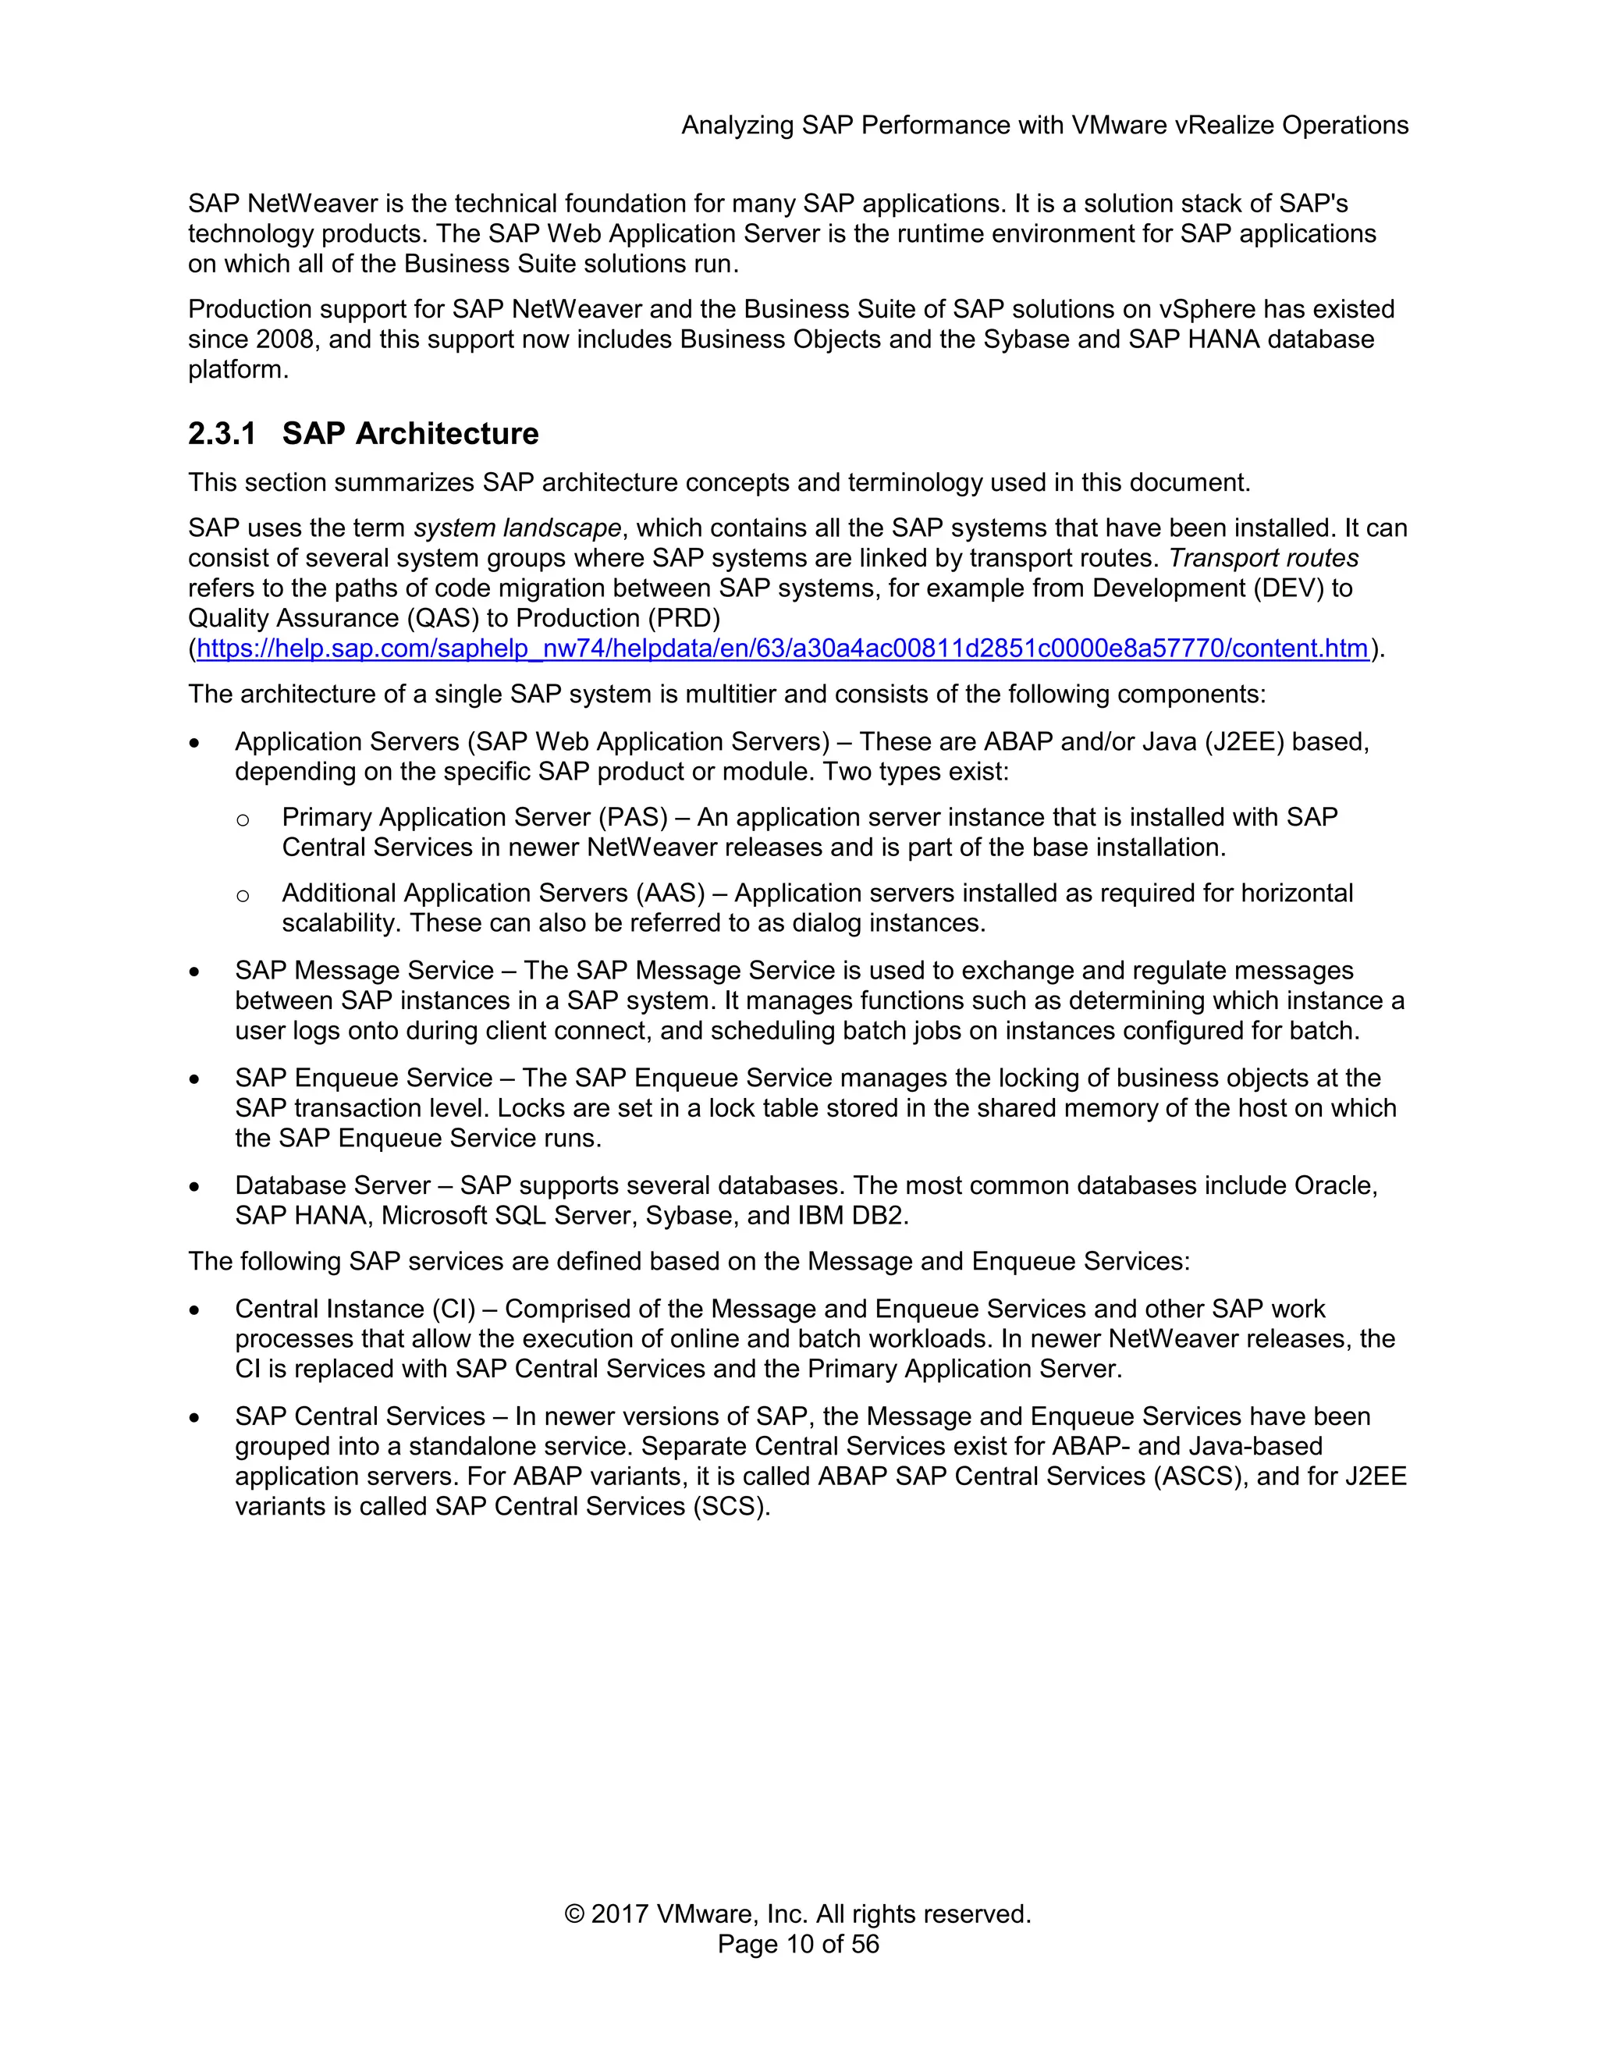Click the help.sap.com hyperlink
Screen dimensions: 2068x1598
coord(782,648)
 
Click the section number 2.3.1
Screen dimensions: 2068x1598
coord(222,434)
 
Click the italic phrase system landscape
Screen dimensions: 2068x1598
coord(517,528)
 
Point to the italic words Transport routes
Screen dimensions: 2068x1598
coord(1263,558)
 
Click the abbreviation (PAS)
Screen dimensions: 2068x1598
coord(631,817)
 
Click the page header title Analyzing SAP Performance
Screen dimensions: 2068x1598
coord(1044,125)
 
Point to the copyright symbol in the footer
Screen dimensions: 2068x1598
coord(574,1913)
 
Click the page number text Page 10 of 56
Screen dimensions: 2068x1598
coord(798,1944)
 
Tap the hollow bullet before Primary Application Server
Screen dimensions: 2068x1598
coord(243,819)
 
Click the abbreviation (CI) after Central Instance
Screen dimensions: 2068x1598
coord(453,1309)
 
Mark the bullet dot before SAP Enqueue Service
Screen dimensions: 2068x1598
coord(195,1079)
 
